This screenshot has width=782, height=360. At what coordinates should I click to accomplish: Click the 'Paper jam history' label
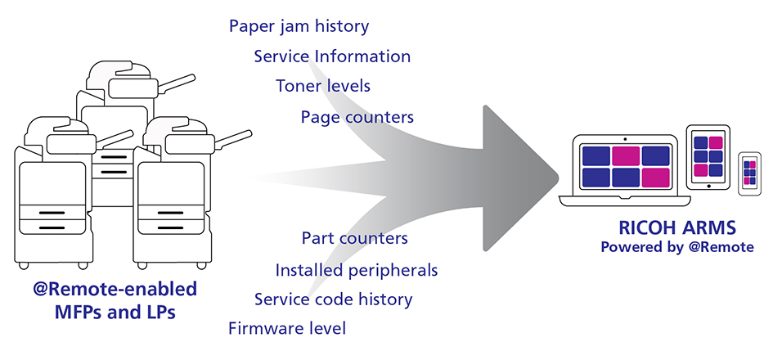coord(299,26)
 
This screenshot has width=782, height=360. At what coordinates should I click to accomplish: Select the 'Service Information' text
coord(332,56)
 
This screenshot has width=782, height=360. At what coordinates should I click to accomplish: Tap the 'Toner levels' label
coord(323,86)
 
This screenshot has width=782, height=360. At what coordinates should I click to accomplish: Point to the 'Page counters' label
coord(357,118)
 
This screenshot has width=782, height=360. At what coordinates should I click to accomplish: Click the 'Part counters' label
coord(354,238)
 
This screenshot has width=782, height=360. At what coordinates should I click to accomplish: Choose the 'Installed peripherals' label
coord(357,270)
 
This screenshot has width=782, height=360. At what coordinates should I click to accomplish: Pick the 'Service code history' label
coord(334,299)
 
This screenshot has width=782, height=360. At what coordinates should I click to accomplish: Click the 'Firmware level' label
coord(287,329)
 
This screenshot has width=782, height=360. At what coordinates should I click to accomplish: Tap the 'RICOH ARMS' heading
coord(677,228)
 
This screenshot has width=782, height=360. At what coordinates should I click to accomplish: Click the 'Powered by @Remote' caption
coord(677,247)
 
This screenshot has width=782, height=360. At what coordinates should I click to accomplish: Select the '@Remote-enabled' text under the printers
coord(115,289)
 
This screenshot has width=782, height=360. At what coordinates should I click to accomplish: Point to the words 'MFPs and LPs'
coord(115,313)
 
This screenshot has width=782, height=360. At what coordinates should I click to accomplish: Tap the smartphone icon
coord(749,173)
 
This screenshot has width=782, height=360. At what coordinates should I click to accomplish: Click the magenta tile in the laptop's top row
coord(626,156)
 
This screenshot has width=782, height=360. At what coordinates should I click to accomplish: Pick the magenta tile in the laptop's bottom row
coord(656,178)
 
